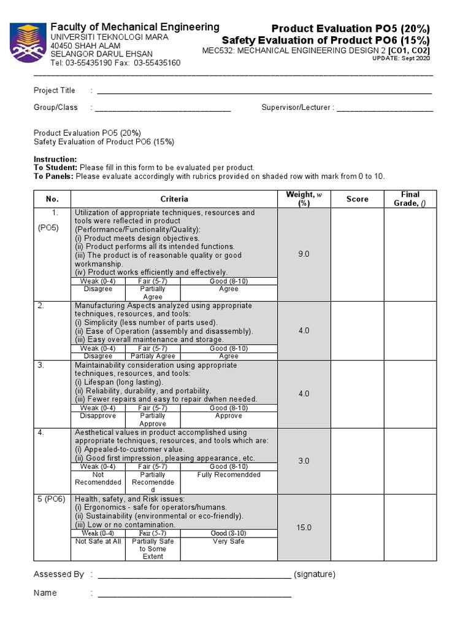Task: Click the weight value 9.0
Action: (x=304, y=254)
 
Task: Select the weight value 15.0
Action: (x=304, y=528)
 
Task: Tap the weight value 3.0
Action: (x=304, y=461)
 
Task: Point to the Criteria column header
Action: (x=174, y=199)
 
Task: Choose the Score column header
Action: (x=358, y=199)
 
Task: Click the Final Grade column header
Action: (x=410, y=199)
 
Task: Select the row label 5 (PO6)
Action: (x=52, y=499)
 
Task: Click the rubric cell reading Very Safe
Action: (x=229, y=541)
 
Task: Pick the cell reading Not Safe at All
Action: (x=98, y=541)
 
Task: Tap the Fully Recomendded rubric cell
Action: (x=229, y=475)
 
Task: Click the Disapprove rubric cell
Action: (x=98, y=416)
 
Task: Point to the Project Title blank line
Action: (x=264, y=92)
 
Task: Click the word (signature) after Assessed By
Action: (x=315, y=574)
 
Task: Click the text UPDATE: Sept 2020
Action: (x=401, y=58)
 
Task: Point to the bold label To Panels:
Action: (x=53, y=176)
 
